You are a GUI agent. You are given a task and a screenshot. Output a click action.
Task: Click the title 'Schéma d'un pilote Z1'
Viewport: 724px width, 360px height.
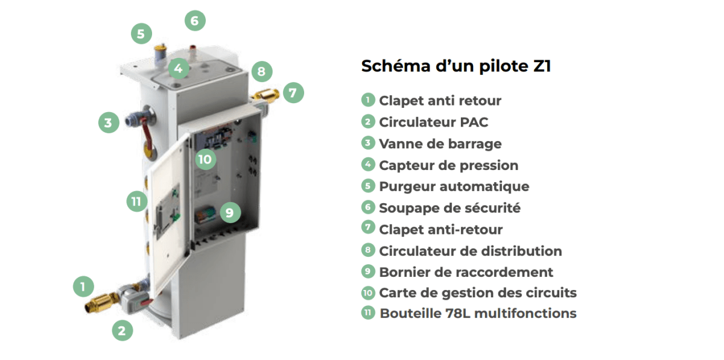pos(456,66)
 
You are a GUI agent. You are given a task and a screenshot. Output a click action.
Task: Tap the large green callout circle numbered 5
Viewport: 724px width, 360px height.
pos(141,33)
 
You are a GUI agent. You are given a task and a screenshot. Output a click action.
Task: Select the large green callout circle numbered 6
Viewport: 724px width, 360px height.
pos(194,21)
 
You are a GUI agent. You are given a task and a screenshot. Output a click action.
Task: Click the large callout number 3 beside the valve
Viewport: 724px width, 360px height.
pos(108,124)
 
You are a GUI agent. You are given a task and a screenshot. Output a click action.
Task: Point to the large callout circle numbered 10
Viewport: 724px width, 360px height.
pos(205,159)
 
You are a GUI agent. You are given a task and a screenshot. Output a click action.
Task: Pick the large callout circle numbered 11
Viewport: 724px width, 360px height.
pos(136,201)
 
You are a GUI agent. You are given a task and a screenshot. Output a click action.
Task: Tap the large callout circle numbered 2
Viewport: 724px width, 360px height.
pos(122,330)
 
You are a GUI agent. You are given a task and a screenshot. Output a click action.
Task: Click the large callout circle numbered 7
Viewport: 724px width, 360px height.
pos(293,93)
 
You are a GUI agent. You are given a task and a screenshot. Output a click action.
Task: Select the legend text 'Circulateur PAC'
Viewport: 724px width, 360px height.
pos(433,122)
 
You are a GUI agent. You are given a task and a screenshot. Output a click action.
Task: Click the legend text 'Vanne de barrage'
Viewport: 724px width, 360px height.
pos(440,144)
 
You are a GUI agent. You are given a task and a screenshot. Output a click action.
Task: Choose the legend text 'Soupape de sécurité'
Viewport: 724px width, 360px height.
pos(449,208)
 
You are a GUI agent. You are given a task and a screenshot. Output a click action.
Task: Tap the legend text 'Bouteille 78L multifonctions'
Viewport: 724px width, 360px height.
pos(477,314)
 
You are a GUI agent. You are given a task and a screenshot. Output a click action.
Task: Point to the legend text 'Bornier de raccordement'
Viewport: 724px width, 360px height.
pos(466,272)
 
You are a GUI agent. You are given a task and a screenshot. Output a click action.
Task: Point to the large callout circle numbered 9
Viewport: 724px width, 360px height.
pos(229,212)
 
